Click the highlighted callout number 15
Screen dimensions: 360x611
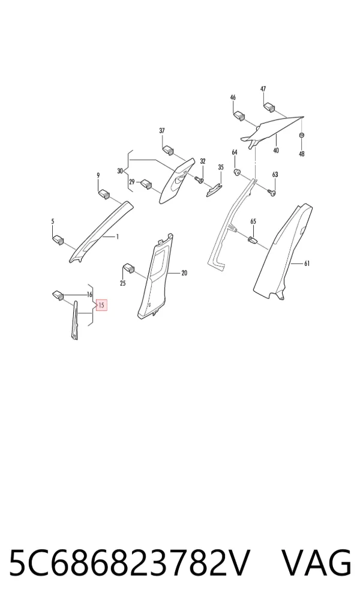(x=101, y=305)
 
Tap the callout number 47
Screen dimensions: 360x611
(x=263, y=89)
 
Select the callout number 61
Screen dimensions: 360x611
(x=307, y=264)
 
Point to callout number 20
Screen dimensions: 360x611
(x=184, y=273)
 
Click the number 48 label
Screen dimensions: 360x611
(x=302, y=154)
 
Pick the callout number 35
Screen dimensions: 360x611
(x=221, y=167)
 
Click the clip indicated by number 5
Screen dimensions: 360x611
(x=58, y=239)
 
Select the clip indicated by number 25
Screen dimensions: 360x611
(x=128, y=268)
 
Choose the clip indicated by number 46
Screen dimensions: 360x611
(x=239, y=116)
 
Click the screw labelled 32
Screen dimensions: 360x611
(x=199, y=179)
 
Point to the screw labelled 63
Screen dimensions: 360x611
(x=272, y=191)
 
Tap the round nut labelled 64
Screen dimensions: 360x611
(x=236, y=171)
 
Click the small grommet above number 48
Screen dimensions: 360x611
(x=301, y=135)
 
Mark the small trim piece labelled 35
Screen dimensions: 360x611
(x=214, y=189)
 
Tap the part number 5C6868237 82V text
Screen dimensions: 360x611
(x=128, y=562)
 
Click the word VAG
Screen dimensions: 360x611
(x=316, y=562)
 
